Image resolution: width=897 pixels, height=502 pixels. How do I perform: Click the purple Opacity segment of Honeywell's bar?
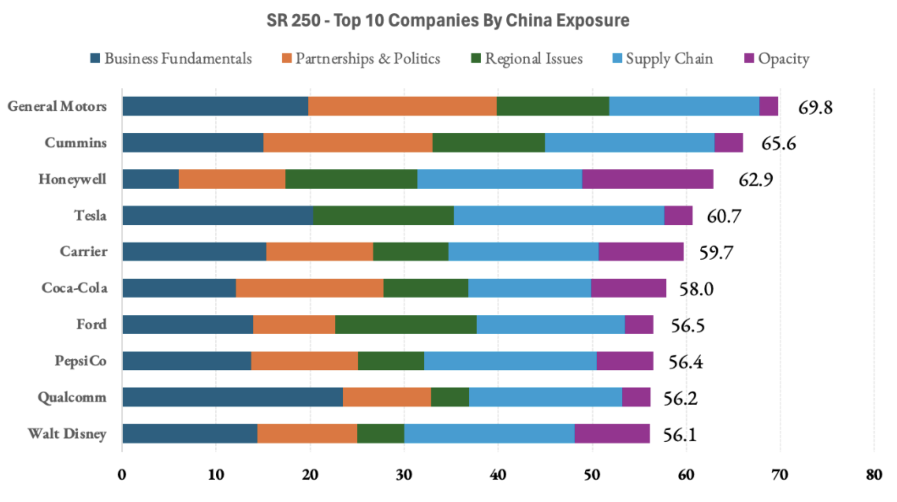click(648, 179)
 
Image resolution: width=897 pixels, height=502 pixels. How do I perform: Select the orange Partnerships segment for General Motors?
click(402, 106)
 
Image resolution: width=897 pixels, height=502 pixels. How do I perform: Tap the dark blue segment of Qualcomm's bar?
click(232, 397)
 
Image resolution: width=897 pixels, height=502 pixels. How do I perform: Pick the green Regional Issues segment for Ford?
click(406, 324)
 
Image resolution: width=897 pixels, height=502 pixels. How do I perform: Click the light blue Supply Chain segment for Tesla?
click(559, 215)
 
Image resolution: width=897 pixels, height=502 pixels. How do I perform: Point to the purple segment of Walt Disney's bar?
click(612, 433)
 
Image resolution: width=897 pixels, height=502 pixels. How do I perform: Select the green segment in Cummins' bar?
click(489, 143)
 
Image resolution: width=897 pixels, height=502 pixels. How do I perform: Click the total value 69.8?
click(815, 107)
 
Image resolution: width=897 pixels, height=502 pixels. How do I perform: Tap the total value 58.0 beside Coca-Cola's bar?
click(696, 289)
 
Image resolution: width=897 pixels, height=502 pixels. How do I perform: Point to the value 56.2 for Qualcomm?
click(680, 398)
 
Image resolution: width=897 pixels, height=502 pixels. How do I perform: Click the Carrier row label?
click(83, 252)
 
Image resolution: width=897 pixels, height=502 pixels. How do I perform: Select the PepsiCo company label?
click(81, 361)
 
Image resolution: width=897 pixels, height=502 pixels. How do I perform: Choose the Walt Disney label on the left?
click(67, 434)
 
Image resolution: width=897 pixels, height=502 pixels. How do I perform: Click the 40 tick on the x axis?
click(497, 475)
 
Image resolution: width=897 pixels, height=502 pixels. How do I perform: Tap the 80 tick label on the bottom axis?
click(874, 475)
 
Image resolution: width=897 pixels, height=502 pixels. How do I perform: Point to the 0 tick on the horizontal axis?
click(122, 475)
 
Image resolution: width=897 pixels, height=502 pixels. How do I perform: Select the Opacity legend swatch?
click(749, 58)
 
